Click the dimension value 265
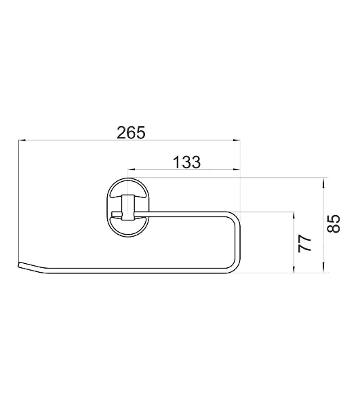pyautogui.click(x=131, y=133)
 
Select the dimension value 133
pyautogui.click(x=186, y=162)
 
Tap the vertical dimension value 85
pyautogui.click(x=334, y=224)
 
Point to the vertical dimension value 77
pyautogui.click(x=305, y=244)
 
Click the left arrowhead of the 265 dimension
pyautogui.click(x=22, y=140)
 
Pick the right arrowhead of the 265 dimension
pyautogui.click(x=237, y=140)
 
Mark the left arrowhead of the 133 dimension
pyautogui.click(x=132, y=170)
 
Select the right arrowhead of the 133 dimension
pyautogui.click(x=237, y=170)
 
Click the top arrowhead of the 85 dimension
pyautogui.click(x=323, y=181)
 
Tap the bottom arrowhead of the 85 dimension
pyautogui.click(x=323, y=269)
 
